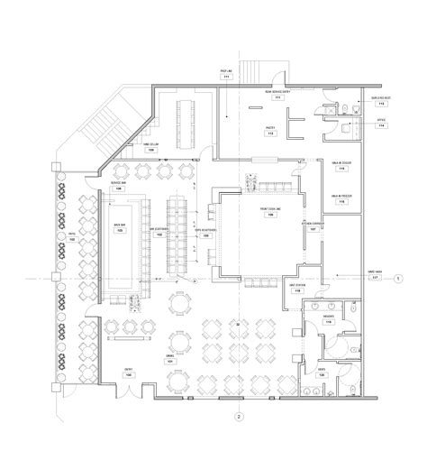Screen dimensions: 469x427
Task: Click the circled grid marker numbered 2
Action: [238, 417]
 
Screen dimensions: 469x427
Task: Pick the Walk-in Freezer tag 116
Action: [340, 199]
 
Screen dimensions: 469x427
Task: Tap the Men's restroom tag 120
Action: [322, 371]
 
